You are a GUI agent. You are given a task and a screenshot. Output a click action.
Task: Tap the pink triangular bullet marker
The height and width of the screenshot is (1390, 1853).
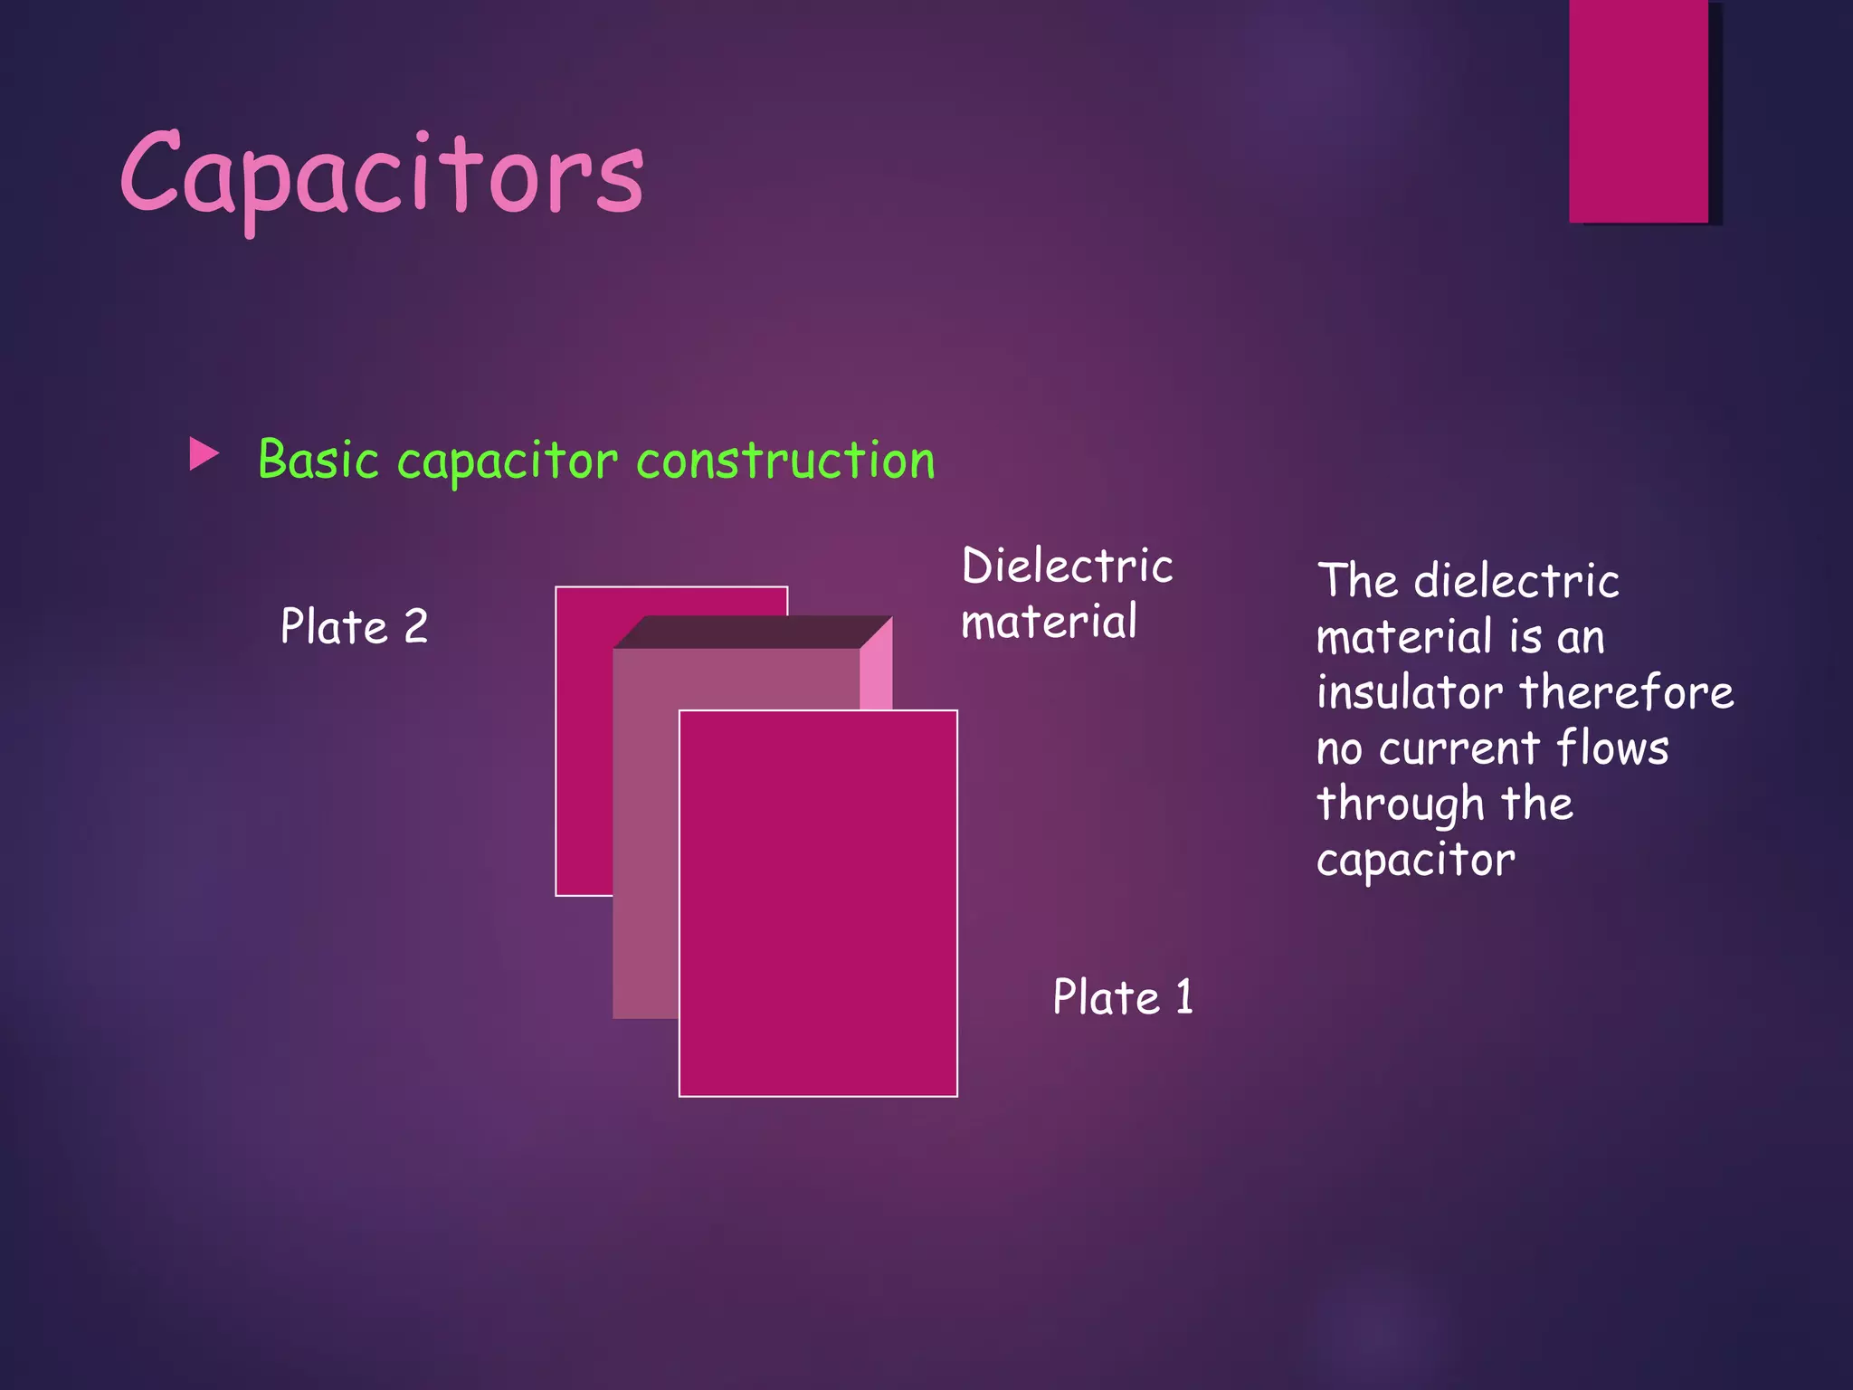204,454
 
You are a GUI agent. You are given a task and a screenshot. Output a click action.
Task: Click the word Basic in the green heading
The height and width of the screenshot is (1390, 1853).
318,460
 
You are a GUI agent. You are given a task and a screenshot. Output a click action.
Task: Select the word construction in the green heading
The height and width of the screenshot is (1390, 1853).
785,460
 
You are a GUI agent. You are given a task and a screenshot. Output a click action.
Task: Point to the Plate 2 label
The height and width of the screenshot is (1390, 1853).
354,626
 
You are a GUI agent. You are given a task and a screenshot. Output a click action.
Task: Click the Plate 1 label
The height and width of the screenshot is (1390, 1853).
1123,997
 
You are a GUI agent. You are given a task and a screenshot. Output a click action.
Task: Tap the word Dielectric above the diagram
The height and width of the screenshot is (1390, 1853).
1067,566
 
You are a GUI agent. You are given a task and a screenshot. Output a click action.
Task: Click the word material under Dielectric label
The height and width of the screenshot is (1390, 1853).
1049,623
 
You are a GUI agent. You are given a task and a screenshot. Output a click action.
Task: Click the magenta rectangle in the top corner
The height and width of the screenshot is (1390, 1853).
1638,110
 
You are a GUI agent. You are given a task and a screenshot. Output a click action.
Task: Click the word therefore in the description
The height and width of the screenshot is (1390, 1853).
1626,693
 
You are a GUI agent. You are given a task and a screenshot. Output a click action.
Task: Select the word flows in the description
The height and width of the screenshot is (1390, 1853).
1611,749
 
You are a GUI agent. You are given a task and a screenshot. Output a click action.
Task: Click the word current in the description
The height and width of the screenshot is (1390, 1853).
1459,749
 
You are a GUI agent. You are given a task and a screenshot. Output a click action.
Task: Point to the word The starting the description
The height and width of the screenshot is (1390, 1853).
1357,581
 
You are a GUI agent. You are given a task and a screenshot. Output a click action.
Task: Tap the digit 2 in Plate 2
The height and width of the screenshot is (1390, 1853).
415,626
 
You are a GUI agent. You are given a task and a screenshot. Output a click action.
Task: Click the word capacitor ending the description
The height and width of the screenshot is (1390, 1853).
1415,861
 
